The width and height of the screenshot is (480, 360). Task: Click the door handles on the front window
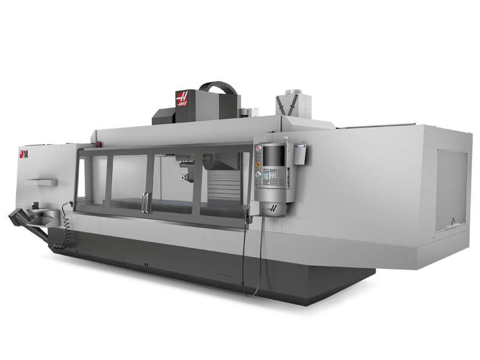(x=144, y=202)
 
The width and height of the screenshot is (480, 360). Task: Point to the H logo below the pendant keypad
(x=273, y=208)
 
